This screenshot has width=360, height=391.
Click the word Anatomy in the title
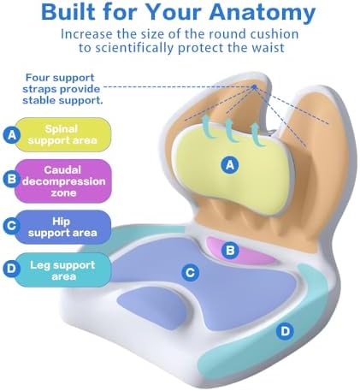(263, 12)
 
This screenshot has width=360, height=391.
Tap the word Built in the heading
(68, 12)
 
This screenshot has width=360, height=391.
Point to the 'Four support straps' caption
(62, 89)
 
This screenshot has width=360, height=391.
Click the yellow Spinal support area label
(62, 134)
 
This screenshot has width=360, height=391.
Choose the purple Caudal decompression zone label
(63, 181)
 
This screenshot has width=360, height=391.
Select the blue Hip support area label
(62, 227)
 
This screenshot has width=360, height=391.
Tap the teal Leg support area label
(62, 270)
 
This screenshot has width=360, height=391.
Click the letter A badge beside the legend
(11, 135)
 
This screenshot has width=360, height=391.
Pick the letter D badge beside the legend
(11, 269)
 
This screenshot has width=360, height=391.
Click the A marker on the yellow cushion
(230, 165)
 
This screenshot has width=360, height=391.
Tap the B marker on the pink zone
(230, 250)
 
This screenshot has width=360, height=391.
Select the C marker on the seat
(190, 273)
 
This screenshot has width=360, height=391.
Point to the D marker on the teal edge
(285, 331)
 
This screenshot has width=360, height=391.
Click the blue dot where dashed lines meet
(255, 86)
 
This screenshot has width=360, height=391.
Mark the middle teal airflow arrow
(230, 131)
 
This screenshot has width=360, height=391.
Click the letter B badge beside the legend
(11, 179)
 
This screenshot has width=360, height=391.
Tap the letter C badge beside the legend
(11, 226)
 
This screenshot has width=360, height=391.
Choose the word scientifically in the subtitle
(134, 48)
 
